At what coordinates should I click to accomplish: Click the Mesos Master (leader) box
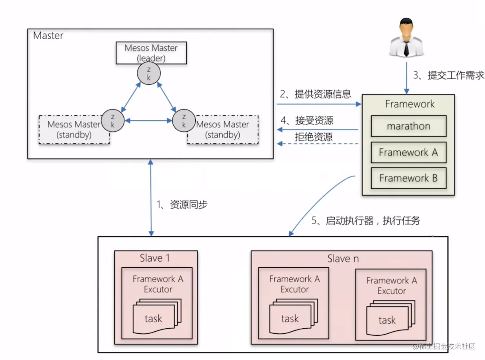coord(151,53)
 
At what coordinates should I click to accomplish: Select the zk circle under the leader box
coord(149,73)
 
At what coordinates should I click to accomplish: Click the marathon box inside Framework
coord(409,126)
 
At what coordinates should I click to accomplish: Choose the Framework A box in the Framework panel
coord(409,153)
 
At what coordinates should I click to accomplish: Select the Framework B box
coord(409,178)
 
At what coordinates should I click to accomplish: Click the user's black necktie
coord(407,48)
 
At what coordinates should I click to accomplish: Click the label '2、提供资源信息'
coord(315,94)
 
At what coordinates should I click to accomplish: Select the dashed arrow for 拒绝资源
coord(318,144)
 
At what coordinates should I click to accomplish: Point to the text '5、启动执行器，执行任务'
coord(366,221)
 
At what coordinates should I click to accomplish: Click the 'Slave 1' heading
coord(155,258)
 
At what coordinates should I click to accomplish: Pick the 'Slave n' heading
coord(343,259)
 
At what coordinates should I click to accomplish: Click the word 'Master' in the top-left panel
coord(48,36)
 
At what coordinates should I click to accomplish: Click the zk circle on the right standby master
coord(183,120)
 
